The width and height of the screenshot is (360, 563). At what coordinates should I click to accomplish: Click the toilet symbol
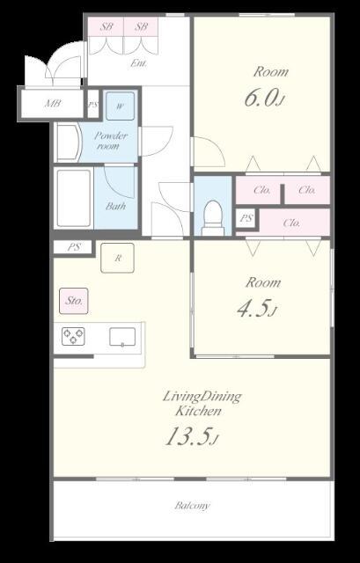pyautogui.click(x=213, y=218)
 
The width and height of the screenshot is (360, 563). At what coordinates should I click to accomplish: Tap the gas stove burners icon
pyautogui.click(x=73, y=336)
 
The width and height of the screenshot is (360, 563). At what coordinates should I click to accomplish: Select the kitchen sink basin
pyautogui.click(x=122, y=337)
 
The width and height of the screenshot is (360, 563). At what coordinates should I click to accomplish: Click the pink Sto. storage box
pyautogui.click(x=74, y=301)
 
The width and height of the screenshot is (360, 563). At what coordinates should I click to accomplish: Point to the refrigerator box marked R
pyautogui.click(x=117, y=258)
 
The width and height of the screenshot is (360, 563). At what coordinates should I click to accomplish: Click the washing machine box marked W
pyautogui.click(x=121, y=106)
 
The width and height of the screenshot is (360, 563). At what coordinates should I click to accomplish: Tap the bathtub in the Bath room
pyautogui.click(x=74, y=199)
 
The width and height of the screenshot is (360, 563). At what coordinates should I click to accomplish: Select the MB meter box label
pyautogui.click(x=53, y=104)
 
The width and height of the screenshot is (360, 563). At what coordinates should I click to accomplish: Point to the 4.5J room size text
pyautogui.click(x=257, y=309)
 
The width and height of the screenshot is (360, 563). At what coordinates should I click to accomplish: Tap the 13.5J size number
pyautogui.click(x=192, y=436)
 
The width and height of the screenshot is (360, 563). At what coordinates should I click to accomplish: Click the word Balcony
pyautogui.click(x=192, y=506)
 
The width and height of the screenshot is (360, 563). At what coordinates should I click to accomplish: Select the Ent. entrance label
pyautogui.click(x=138, y=63)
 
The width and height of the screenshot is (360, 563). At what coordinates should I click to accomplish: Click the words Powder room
pyautogui.click(x=111, y=141)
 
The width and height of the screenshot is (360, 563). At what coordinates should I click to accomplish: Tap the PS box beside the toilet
pyautogui.click(x=246, y=217)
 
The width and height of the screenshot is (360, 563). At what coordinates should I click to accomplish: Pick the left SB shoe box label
pyautogui.click(x=106, y=26)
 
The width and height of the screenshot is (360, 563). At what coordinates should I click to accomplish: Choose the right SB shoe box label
pyautogui.click(x=141, y=26)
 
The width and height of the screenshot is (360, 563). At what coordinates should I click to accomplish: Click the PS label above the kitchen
pyautogui.click(x=74, y=247)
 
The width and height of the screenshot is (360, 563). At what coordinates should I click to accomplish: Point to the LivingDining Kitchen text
pyautogui.click(x=202, y=404)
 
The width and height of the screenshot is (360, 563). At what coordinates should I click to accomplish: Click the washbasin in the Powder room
pyautogui.click(x=69, y=143)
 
